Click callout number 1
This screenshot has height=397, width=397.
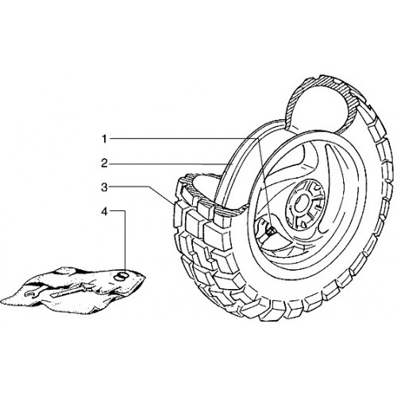(105, 139)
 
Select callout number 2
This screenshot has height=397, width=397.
(105, 164)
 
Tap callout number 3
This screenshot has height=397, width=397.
(105, 187)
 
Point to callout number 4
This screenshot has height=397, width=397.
(105, 211)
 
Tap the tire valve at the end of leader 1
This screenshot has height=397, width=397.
(270, 231)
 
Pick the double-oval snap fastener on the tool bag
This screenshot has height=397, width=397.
(121, 276)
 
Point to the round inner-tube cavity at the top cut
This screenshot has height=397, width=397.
(318, 110)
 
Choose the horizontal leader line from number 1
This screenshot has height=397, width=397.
(183, 138)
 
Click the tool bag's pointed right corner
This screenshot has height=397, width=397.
(145, 277)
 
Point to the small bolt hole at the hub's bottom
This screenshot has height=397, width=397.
(303, 225)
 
